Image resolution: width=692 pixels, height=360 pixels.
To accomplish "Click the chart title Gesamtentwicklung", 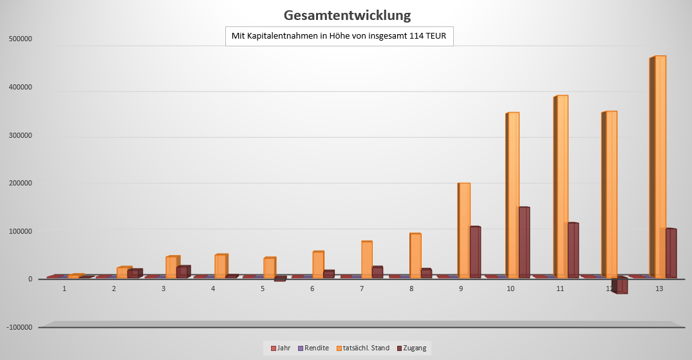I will point(347,15).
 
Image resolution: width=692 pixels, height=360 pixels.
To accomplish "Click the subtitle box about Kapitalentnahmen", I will point(339,36).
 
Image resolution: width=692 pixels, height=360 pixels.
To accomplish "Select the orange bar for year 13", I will point(660,167).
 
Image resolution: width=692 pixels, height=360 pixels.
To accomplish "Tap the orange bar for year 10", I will point(513,193).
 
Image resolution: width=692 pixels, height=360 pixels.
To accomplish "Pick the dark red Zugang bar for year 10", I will point(524,242).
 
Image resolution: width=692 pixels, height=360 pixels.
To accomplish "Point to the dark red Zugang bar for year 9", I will point(475,252).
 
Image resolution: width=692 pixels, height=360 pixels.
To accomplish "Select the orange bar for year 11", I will point(563,187).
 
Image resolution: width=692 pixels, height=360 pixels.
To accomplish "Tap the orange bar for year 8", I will point(416,255).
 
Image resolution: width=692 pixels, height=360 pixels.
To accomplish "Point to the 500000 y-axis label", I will point(21,39).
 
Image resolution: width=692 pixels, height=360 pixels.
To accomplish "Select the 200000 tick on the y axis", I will point(21,183).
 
